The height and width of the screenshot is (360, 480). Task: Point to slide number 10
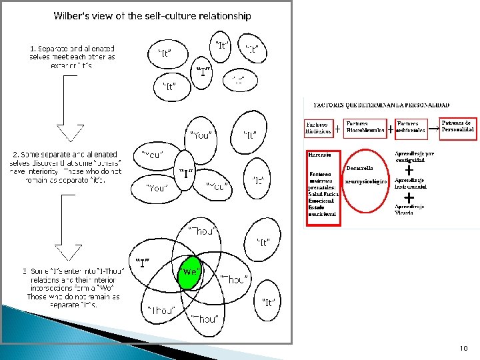pyautogui.click(x=463, y=348)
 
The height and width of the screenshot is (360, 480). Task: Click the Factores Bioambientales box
pyautogui.click(x=365, y=127)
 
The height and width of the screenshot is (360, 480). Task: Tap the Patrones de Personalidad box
pyautogui.click(x=459, y=127)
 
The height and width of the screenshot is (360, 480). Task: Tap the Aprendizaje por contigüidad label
pyautogui.click(x=415, y=157)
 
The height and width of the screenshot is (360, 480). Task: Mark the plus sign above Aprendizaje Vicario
pyautogui.click(x=408, y=197)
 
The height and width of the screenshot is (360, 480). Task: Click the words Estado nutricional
pyautogui.click(x=321, y=211)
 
